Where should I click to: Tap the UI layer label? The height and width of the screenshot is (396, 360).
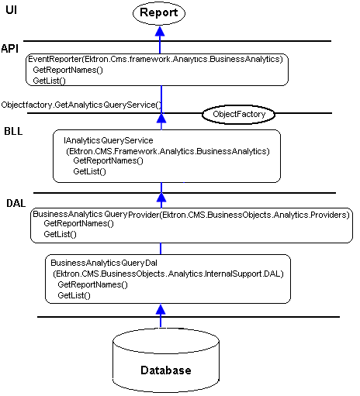[12, 10]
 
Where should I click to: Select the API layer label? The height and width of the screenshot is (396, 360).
[10, 49]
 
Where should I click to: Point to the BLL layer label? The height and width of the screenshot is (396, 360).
[13, 131]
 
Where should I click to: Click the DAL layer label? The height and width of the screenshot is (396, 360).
[16, 203]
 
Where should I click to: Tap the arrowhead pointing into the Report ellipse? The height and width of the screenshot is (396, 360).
[160, 31]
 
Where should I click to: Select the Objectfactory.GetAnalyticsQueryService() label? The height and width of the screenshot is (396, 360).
[81, 105]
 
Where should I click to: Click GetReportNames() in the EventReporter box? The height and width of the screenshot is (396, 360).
[68, 70]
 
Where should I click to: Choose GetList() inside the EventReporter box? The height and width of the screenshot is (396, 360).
[49, 81]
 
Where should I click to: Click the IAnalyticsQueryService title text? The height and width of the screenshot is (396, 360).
[109, 140]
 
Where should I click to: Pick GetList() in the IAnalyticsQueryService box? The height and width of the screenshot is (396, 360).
[89, 171]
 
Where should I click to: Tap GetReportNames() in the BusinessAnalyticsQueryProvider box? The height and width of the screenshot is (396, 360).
[78, 223]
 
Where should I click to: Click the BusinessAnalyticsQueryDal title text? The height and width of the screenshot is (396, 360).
[104, 263]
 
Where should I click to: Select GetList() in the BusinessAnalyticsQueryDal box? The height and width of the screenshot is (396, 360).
[74, 295]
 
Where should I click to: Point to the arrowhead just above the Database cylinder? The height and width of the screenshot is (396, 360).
[161, 309]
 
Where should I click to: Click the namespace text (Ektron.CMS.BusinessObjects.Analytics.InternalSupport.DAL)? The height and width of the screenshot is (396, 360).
[168, 274]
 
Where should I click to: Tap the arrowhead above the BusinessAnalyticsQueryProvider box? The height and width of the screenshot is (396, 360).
[161, 198]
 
